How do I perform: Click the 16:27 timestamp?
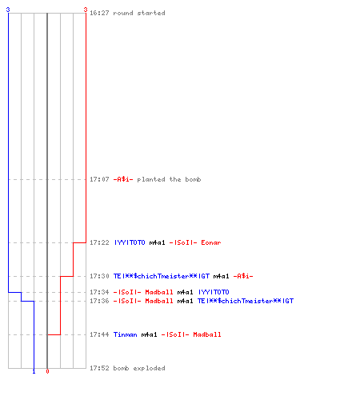tap(99, 13)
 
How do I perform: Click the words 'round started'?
tap(139, 13)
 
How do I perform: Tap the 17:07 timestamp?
tap(99, 179)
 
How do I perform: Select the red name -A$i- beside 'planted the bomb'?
tap(123, 179)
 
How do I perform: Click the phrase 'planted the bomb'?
tap(169, 179)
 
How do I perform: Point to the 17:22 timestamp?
tap(99, 242)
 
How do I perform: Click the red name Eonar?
tap(211, 242)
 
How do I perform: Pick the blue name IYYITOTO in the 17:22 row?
tap(130, 242)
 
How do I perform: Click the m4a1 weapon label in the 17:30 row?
tap(221, 276)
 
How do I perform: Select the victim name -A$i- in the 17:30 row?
tap(243, 276)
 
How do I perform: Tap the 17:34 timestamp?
tap(99, 292)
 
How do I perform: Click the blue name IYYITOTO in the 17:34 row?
tap(214, 292)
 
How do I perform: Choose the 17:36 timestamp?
tap(99, 301)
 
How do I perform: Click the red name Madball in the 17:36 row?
tap(159, 301)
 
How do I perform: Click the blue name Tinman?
tap(126, 334)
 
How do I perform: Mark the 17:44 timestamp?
tap(99, 334)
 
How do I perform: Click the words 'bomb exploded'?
tap(139, 368)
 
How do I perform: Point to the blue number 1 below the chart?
tap(34, 372)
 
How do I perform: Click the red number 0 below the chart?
tap(47, 371)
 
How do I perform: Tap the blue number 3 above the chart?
tap(8, 10)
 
